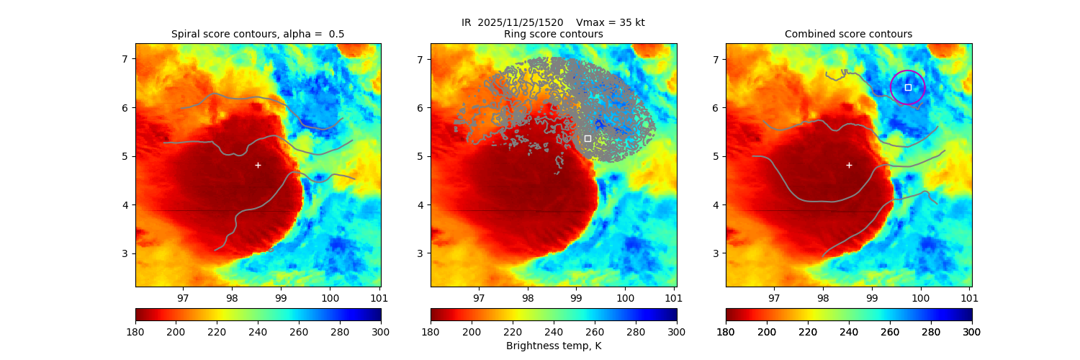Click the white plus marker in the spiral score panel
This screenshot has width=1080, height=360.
point(258,165)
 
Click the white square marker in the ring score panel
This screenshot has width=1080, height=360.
point(588,138)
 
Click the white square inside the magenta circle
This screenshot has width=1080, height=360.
point(908,87)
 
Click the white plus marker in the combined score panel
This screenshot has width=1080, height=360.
point(849,165)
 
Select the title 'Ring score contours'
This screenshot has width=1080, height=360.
point(553,34)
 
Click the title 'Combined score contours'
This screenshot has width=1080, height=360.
point(848,34)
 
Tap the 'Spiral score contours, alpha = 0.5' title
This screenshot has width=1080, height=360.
point(258,34)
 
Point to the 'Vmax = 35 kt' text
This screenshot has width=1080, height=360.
point(611,22)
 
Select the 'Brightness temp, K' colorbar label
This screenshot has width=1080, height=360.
point(553,346)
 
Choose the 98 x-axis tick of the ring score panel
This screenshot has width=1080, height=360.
point(527,297)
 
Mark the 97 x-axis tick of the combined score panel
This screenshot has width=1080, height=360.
point(774,297)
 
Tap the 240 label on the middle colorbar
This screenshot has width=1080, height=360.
point(553,331)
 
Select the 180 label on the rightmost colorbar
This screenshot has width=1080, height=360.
point(726,331)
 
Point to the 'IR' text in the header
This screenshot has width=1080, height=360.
point(467,22)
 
